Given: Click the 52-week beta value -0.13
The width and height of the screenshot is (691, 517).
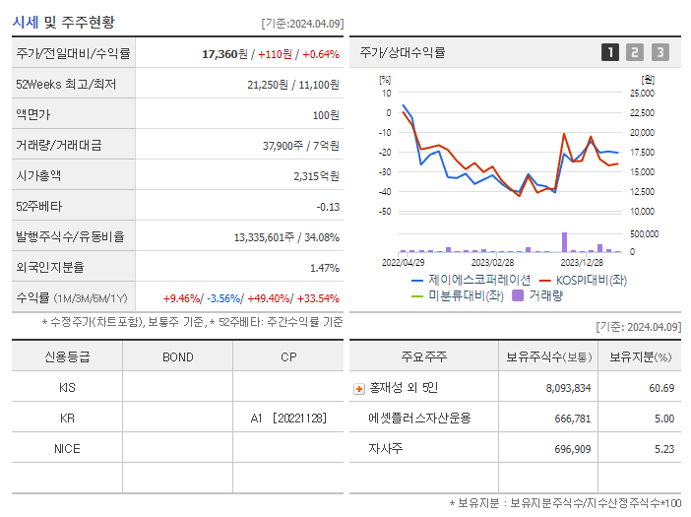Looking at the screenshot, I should pos(327,206).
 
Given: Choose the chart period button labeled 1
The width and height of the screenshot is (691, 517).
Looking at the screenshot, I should pos(610,52).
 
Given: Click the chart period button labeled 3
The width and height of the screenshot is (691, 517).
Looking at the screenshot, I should pos(660,52).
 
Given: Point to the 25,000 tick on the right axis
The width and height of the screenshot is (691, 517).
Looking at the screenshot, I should pos(641,93).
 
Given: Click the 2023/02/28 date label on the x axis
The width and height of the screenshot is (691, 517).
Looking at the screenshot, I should pos(492,262).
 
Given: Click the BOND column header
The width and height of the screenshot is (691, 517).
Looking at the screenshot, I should pos(177,356).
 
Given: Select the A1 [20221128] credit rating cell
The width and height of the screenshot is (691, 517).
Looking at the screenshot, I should pos(287,419).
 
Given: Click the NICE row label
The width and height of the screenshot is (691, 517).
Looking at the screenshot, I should pos(67,448).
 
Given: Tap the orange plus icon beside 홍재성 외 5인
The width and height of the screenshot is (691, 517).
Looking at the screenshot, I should pos(359,388).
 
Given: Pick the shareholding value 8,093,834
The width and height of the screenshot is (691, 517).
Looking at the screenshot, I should pos(568,388).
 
